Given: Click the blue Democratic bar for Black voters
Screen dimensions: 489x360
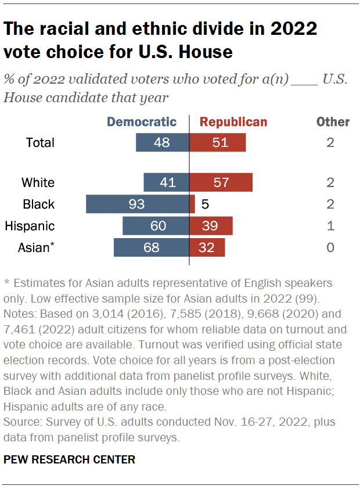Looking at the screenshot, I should click(138, 204).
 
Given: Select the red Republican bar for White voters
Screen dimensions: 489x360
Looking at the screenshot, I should click(221, 182).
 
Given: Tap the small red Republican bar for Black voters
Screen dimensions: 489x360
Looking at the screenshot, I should click(192, 204).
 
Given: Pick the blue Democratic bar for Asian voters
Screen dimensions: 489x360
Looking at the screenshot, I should click(152, 247).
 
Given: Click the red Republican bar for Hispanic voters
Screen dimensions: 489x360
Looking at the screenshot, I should click(211, 226).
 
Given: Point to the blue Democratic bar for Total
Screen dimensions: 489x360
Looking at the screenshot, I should click(163, 143).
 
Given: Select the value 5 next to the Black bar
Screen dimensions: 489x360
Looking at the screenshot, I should click(204, 204).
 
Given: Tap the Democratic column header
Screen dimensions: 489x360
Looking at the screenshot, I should click(142, 122).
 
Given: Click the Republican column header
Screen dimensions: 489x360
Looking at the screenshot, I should click(233, 122).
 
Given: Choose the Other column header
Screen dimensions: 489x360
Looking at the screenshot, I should click(333, 122).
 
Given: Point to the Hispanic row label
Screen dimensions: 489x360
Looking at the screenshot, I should click(30, 226).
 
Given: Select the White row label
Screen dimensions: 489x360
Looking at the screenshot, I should click(38, 182).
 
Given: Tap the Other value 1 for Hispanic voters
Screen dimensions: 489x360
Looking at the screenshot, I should click(330, 226).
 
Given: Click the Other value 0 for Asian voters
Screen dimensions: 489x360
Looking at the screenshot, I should click(330, 247).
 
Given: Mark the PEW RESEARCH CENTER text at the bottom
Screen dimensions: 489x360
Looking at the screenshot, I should click(69, 459).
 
